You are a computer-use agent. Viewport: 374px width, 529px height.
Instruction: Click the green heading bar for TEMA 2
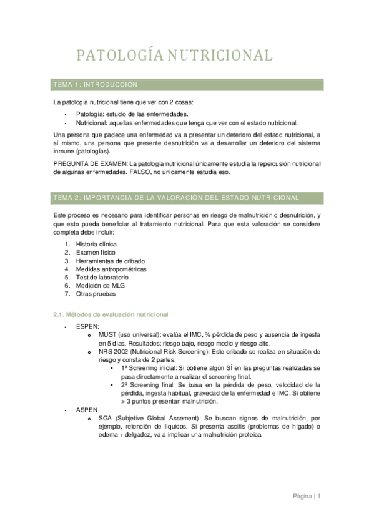pos(187,198)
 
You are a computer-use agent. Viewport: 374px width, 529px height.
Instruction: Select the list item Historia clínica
pos(96,244)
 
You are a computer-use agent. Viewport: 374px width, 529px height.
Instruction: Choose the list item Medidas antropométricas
pos(111,269)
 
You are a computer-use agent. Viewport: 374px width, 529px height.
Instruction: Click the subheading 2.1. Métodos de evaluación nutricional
pos(111,314)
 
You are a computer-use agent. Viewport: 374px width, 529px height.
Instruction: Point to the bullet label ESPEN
pos(87,326)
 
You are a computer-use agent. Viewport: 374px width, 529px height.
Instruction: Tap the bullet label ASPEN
pos(87,410)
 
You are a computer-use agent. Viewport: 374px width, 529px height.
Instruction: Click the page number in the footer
pos(319,497)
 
